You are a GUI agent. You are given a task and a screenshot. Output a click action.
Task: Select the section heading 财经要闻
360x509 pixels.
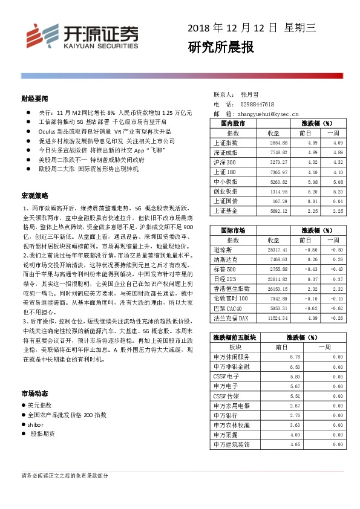point(34,99)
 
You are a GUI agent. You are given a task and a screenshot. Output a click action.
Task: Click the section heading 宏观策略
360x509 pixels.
point(34,196)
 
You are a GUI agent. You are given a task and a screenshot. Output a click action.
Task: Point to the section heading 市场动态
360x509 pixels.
point(34,393)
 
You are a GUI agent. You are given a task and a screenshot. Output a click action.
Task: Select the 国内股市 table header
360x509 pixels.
point(233,123)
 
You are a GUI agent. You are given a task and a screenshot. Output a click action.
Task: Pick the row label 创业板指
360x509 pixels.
point(226,191)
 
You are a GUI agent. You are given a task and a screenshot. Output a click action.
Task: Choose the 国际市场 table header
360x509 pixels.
point(233,230)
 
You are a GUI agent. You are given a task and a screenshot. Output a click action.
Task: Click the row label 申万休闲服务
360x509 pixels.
point(232,357)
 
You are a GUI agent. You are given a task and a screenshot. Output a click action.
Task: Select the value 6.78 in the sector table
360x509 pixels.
point(295,357)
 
